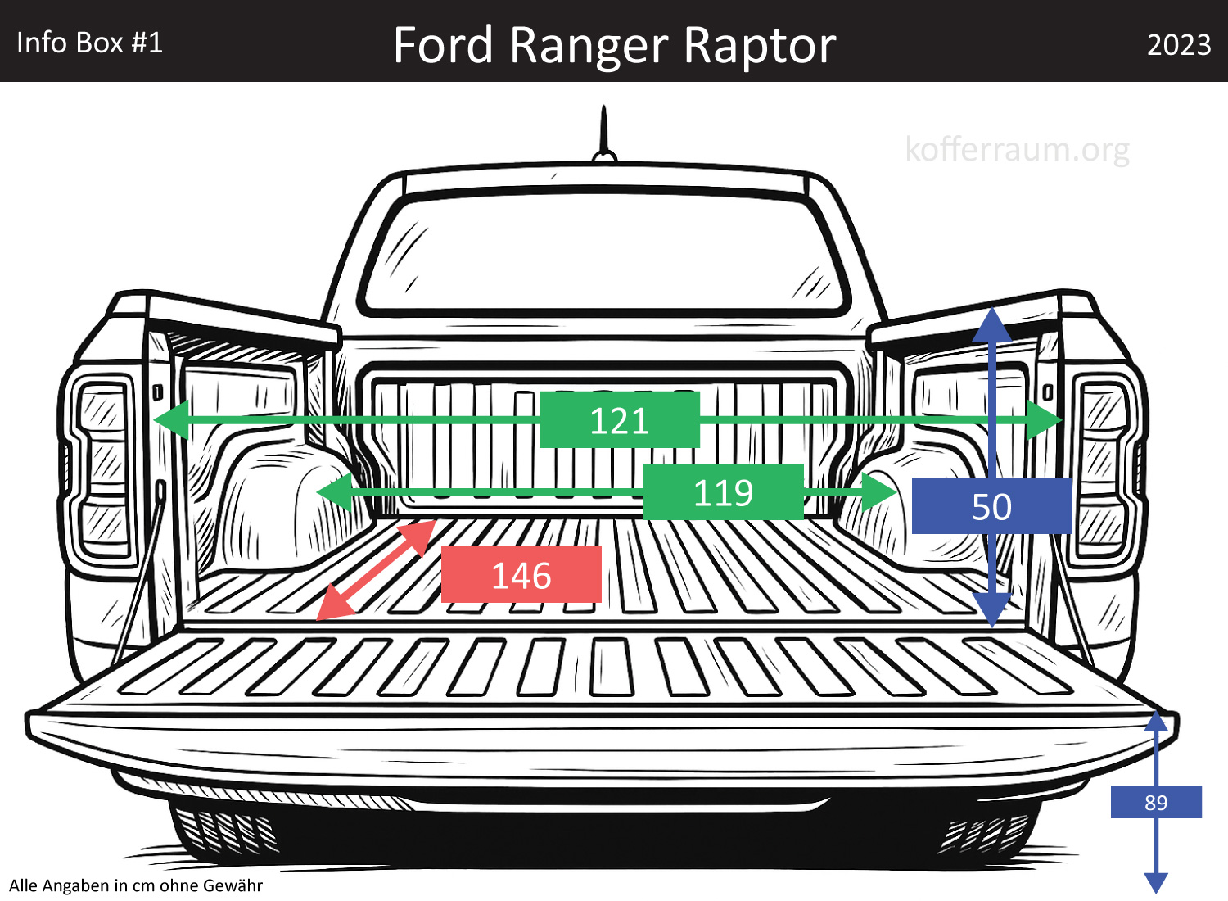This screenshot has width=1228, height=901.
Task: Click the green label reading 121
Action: tap(619, 419)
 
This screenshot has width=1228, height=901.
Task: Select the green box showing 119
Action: tap(723, 491)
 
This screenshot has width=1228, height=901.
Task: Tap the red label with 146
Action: tap(521, 575)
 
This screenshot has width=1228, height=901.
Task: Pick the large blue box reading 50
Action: tap(991, 506)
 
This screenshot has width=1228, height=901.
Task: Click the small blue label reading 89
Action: tap(1155, 802)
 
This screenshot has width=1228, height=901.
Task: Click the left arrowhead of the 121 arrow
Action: tap(170, 419)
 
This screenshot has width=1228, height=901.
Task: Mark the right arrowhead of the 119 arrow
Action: tap(881, 491)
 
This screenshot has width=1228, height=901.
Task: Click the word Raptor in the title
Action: tap(759, 45)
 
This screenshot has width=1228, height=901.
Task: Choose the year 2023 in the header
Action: tap(1178, 44)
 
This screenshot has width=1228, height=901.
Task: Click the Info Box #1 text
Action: tap(89, 43)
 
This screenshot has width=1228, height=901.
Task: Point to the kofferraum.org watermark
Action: tap(1017, 149)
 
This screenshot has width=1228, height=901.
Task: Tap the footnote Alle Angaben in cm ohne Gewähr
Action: tap(136, 885)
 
